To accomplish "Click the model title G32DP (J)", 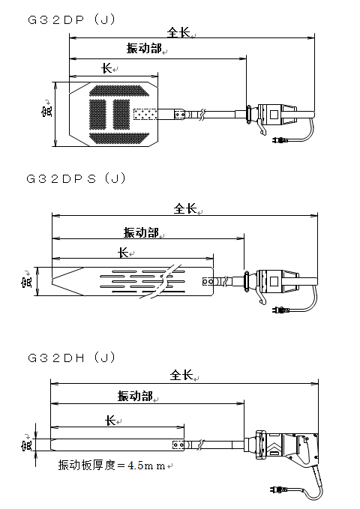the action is [x=71, y=19].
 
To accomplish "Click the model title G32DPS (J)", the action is [x=76, y=178].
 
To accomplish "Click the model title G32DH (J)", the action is [x=71, y=358].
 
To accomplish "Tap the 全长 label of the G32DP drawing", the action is [x=178, y=32].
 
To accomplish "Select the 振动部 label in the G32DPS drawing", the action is [x=141, y=232].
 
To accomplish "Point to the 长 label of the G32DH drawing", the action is [x=110, y=421].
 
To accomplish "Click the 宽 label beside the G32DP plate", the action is [x=46, y=109].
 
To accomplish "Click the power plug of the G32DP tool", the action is [x=279, y=140].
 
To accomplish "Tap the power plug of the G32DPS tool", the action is [x=280, y=310].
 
